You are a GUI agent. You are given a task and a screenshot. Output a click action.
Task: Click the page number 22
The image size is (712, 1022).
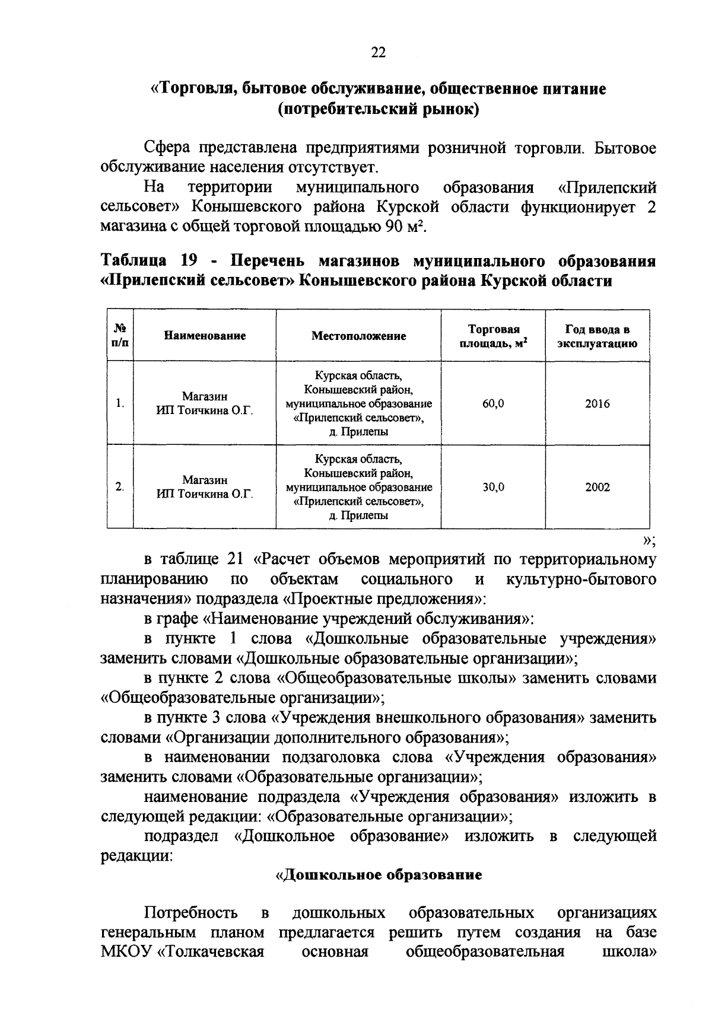pos(378,53)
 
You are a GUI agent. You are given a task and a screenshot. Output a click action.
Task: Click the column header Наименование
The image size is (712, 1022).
pos(205,336)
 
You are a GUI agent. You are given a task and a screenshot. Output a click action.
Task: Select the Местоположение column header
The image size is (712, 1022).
pos(358,336)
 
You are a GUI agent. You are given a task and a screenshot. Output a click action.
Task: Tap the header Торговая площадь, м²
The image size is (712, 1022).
pos(493,336)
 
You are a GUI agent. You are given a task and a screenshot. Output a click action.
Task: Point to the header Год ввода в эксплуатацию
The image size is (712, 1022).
pos(597,336)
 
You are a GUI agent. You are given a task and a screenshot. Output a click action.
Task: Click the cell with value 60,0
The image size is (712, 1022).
pos(493,404)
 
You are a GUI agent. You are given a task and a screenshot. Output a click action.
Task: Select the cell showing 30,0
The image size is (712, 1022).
pos(493,488)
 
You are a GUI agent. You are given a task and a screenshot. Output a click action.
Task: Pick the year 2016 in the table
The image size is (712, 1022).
pos(597,404)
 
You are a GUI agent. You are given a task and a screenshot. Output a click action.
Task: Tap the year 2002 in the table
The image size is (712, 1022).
pos(597,488)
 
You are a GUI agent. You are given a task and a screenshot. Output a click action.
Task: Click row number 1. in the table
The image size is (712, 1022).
pos(120,404)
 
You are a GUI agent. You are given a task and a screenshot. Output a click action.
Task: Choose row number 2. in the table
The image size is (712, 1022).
pos(120,488)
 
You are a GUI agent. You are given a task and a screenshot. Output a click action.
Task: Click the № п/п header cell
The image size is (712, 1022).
pos(120,336)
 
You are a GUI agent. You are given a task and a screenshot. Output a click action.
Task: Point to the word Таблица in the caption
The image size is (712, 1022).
pos(133,261)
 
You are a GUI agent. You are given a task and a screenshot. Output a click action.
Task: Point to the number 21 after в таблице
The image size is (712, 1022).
pos(236,559)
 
